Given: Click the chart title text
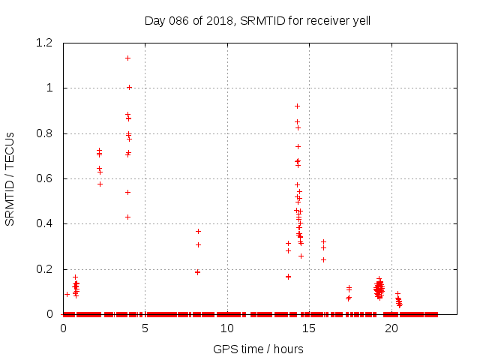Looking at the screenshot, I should click(257, 21).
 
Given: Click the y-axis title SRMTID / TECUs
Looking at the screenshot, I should click(10, 178).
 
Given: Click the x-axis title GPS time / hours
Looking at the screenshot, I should click(258, 349).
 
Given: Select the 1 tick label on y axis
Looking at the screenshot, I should click(49, 88).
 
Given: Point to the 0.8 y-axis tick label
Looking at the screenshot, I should click(45, 133).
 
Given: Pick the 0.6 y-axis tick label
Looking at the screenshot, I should click(45, 178).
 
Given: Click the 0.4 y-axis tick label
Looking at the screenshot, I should click(45, 223).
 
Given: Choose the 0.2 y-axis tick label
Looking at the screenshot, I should click(45, 269).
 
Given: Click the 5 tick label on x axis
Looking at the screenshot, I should click(145, 328).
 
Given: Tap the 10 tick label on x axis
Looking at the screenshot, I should click(227, 328).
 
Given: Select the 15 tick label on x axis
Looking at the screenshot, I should click(309, 328).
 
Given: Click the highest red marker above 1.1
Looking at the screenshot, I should click(127, 58).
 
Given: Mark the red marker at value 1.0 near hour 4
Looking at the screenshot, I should click(129, 87).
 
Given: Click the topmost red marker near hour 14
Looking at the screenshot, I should click(297, 106).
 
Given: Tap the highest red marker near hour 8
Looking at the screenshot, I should click(198, 231).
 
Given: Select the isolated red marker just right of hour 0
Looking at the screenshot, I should click(67, 294).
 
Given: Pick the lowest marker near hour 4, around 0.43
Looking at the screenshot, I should click(127, 217).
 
